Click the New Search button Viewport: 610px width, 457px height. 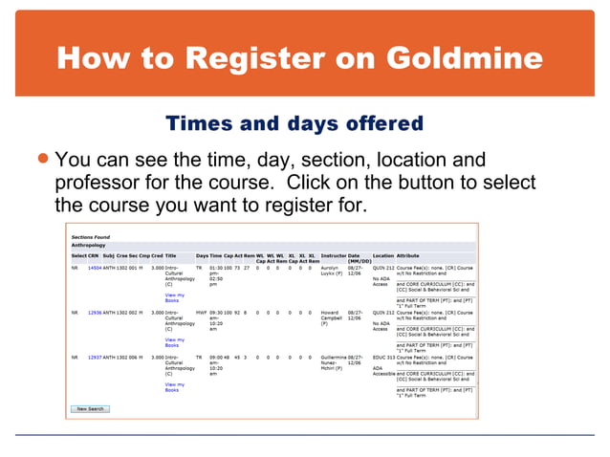[91, 408]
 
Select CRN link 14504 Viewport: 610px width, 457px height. [95, 269]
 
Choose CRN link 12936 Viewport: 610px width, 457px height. [95, 313]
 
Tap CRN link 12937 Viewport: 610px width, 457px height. [95, 357]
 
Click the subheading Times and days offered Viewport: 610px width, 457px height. [294, 124]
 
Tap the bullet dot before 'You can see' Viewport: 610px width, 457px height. [44, 159]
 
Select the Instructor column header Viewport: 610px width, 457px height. [333, 255]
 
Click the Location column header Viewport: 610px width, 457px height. [382, 255]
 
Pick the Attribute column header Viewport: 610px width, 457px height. [409, 255]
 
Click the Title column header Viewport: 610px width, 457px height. [170, 255]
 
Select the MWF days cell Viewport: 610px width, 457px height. [201, 313]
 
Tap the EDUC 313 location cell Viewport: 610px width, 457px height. [382, 357]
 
